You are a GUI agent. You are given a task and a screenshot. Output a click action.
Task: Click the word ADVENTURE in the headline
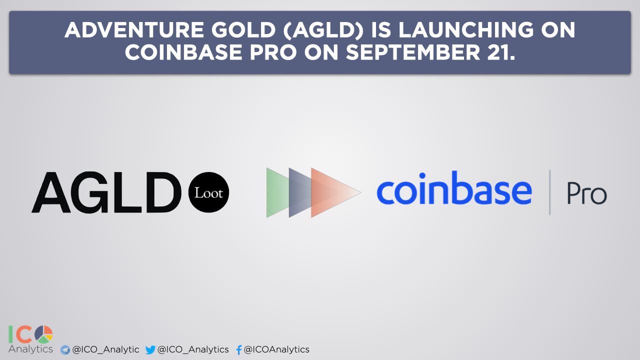[134, 30]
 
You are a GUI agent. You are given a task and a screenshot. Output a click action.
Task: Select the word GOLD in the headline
[243, 30]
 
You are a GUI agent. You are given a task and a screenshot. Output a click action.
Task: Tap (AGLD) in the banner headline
[323, 30]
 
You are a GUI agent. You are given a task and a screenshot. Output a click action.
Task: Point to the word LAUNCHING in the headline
[466, 30]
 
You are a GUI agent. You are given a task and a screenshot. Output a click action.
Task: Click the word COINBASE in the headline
[183, 52]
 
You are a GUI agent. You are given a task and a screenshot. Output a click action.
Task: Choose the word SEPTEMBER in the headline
[413, 52]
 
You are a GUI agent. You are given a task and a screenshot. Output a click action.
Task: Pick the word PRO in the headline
[273, 52]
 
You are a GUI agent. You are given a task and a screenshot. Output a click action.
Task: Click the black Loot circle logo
[208, 192]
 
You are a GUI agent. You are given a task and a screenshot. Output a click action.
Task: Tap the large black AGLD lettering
[106, 192]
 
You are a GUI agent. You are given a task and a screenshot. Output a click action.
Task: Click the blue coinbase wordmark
[454, 188]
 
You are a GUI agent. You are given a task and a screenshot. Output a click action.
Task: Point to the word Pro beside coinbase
[587, 193]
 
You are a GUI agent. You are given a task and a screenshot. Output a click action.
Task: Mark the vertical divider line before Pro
[549, 192]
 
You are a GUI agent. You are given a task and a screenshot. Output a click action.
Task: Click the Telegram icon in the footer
[65, 349]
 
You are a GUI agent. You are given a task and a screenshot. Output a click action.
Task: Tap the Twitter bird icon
[150, 349]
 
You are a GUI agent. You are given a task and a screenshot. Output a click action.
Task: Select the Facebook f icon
[239, 349]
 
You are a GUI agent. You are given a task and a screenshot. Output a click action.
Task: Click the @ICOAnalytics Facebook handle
[276, 349]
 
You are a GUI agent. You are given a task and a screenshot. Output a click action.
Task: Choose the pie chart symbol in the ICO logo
[43, 334]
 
